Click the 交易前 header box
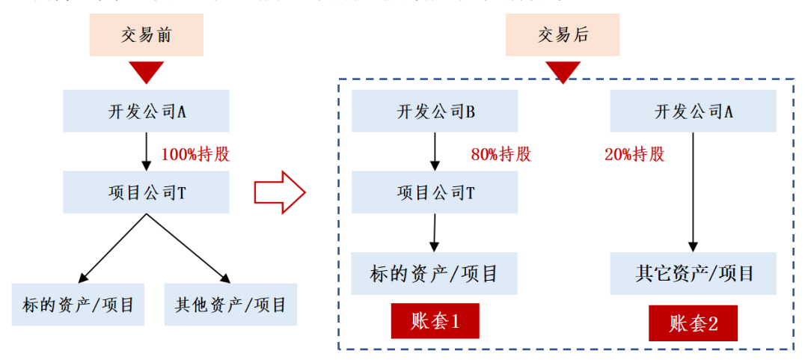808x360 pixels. [x=147, y=35]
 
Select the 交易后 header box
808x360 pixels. [x=563, y=35]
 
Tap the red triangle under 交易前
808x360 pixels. [x=146, y=72]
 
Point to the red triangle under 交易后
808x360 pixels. [x=563, y=72]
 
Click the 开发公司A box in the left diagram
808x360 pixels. [x=146, y=112]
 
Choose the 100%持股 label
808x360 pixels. [x=195, y=155]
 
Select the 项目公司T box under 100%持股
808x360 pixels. [x=146, y=192]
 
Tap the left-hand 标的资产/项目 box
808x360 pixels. [x=78, y=305]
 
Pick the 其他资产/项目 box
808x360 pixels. [x=230, y=305]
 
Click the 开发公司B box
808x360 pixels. [x=435, y=112]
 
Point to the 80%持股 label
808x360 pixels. [x=501, y=155]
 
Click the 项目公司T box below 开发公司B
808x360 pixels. [x=435, y=192]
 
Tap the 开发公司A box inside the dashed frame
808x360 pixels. [x=693, y=112]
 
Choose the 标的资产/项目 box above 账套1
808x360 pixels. [x=435, y=274]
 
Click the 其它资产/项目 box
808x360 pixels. [x=693, y=274]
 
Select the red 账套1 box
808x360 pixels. [x=435, y=322]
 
